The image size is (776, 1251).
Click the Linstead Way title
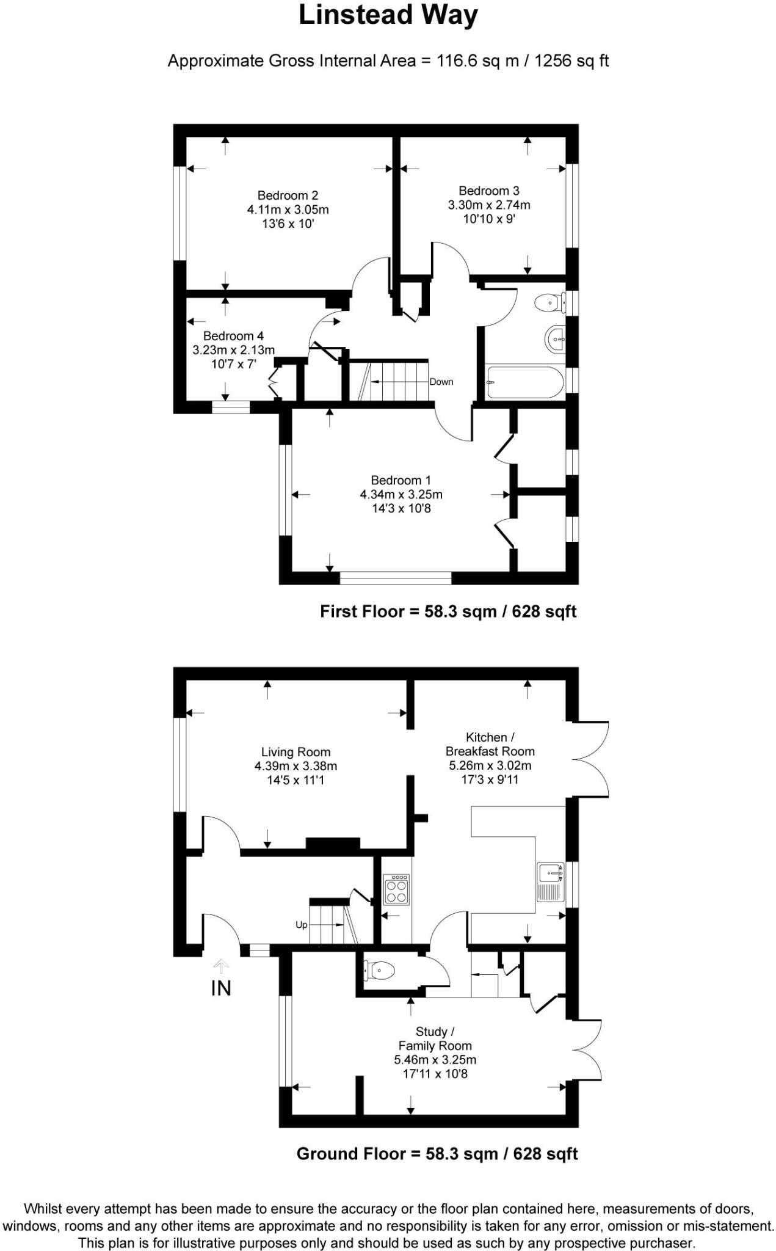388,16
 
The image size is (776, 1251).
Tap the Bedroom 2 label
288,195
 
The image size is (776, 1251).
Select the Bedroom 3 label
489,191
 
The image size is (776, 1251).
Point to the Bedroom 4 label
233,336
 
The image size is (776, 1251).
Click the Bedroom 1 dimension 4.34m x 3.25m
401,494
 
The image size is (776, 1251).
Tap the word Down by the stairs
441,382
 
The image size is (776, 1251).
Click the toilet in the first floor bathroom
549,302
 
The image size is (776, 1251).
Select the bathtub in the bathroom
525,382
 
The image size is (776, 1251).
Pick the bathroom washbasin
554,338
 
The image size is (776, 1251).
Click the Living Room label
296,753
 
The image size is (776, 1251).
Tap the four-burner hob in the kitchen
396,889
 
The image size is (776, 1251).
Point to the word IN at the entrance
221,988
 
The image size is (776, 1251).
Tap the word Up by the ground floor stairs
302,925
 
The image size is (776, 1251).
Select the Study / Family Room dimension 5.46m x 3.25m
435,1060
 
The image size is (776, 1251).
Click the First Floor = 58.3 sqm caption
448,611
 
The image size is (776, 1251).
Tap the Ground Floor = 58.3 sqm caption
437,1154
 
